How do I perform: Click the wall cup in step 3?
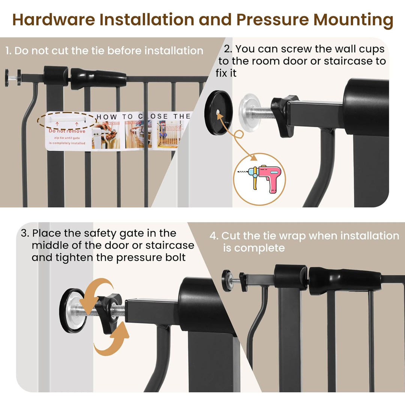[x=72, y=310]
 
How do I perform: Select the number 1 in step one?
[x=8, y=51]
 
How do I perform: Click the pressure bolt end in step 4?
[x=227, y=280]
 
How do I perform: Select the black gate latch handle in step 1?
[x=98, y=78]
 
